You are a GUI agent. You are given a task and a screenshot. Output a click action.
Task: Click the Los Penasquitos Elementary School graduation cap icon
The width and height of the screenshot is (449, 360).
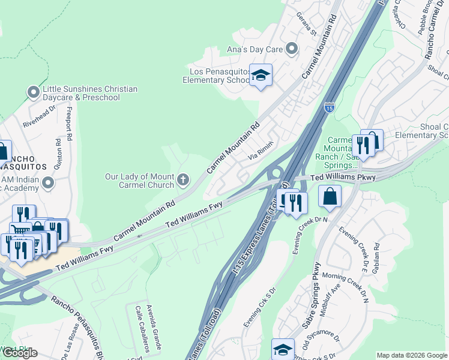(261, 76)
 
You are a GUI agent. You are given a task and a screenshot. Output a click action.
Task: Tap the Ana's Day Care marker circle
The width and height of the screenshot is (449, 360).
(292, 49)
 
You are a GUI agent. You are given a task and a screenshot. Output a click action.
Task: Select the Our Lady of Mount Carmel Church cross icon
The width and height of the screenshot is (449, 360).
(183, 179)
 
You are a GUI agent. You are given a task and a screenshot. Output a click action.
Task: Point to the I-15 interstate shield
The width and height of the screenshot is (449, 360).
(329, 107)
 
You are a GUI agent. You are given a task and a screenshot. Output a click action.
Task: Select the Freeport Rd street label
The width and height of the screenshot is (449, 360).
(69, 124)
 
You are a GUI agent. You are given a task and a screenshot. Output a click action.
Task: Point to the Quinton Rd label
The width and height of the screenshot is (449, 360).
(58, 152)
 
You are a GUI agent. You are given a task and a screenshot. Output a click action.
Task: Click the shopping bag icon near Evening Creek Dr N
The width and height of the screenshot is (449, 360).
(330, 196)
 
